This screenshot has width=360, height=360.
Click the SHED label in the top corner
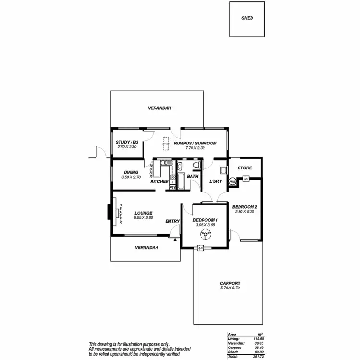click(x=247, y=18)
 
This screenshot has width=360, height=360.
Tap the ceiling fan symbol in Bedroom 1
click(x=205, y=235)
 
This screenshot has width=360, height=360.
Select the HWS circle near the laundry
click(x=233, y=182)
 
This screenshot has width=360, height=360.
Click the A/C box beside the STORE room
click(x=245, y=179)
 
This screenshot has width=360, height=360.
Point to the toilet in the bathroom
click(x=195, y=166)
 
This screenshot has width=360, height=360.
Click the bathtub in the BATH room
click(x=181, y=181)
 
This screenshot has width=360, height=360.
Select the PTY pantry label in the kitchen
click(x=173, y=187)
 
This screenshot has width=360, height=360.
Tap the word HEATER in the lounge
click(x=120, y=212)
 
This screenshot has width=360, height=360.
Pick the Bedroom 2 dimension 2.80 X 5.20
click(x=246, y=212)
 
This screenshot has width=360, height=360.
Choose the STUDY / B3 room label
click(x=127, y=142)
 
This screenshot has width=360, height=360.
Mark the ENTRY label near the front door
click(x=172, y=221)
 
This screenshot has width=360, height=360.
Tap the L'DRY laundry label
click(x=215, y=181)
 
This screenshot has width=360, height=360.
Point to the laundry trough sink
click(x=224, y=170)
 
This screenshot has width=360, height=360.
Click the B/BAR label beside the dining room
click(x=151, y=171)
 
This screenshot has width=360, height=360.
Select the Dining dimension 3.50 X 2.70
click(x=131, y=177)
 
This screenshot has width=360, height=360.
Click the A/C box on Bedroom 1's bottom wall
click(x=200, y=248)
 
